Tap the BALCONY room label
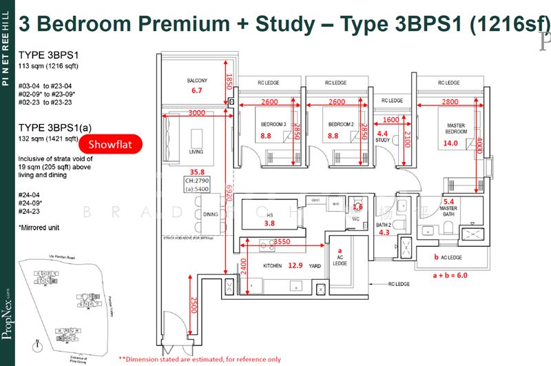click(x=197, y=81)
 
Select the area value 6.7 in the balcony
click(x=197, y=90)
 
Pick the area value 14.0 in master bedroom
click(x=451, y=143)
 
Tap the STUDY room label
click(x=383, y=140)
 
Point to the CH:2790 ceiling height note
click(x=196, y=181)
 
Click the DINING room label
click(x=211, y=215)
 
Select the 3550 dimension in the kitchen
click(x=280, y=243)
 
